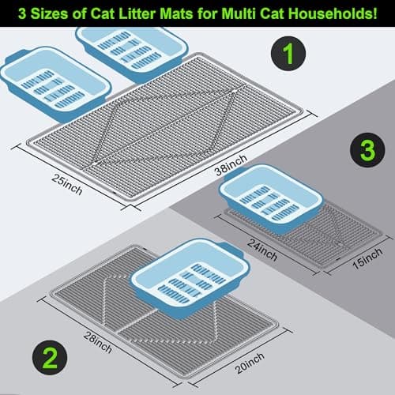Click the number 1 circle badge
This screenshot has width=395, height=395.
(x=288, y=54)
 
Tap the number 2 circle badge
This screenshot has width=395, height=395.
(x=50, y=357)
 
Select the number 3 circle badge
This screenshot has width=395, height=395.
(x=367, y=150)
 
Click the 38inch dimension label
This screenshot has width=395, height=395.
(x=231, y=165)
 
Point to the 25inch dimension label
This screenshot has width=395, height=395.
(x=66, y=185)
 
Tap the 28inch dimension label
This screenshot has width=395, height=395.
(x=98, y=342)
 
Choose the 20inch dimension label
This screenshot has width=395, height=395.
(x=250, y=363)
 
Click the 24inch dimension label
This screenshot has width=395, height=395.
(x=262, y=250)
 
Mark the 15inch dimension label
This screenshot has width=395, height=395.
(x=367, y=258)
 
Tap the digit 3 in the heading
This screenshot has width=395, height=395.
(x=22, y=13)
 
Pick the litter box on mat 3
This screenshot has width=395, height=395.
(x=271, y=199)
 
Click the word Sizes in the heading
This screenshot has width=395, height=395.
(x=50, y=13)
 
